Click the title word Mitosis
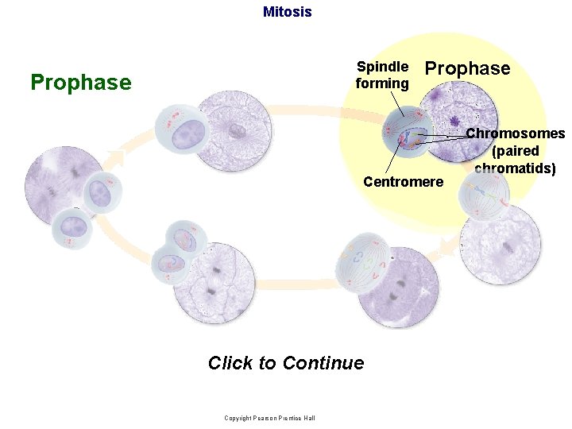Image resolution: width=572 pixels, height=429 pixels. point(287,12)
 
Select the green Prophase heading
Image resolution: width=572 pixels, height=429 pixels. point(80,83)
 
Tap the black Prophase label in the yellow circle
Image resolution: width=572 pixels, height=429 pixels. point(468,68)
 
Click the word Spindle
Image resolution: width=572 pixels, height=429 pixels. point(382,67)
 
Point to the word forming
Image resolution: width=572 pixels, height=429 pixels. point(382,83)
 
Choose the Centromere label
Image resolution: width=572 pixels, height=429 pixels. point(403,182)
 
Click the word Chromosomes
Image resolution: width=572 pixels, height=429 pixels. point(515,133)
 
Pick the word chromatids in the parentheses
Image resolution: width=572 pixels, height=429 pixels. point(516,168)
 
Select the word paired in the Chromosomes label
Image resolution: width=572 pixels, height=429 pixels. point(516,151)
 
